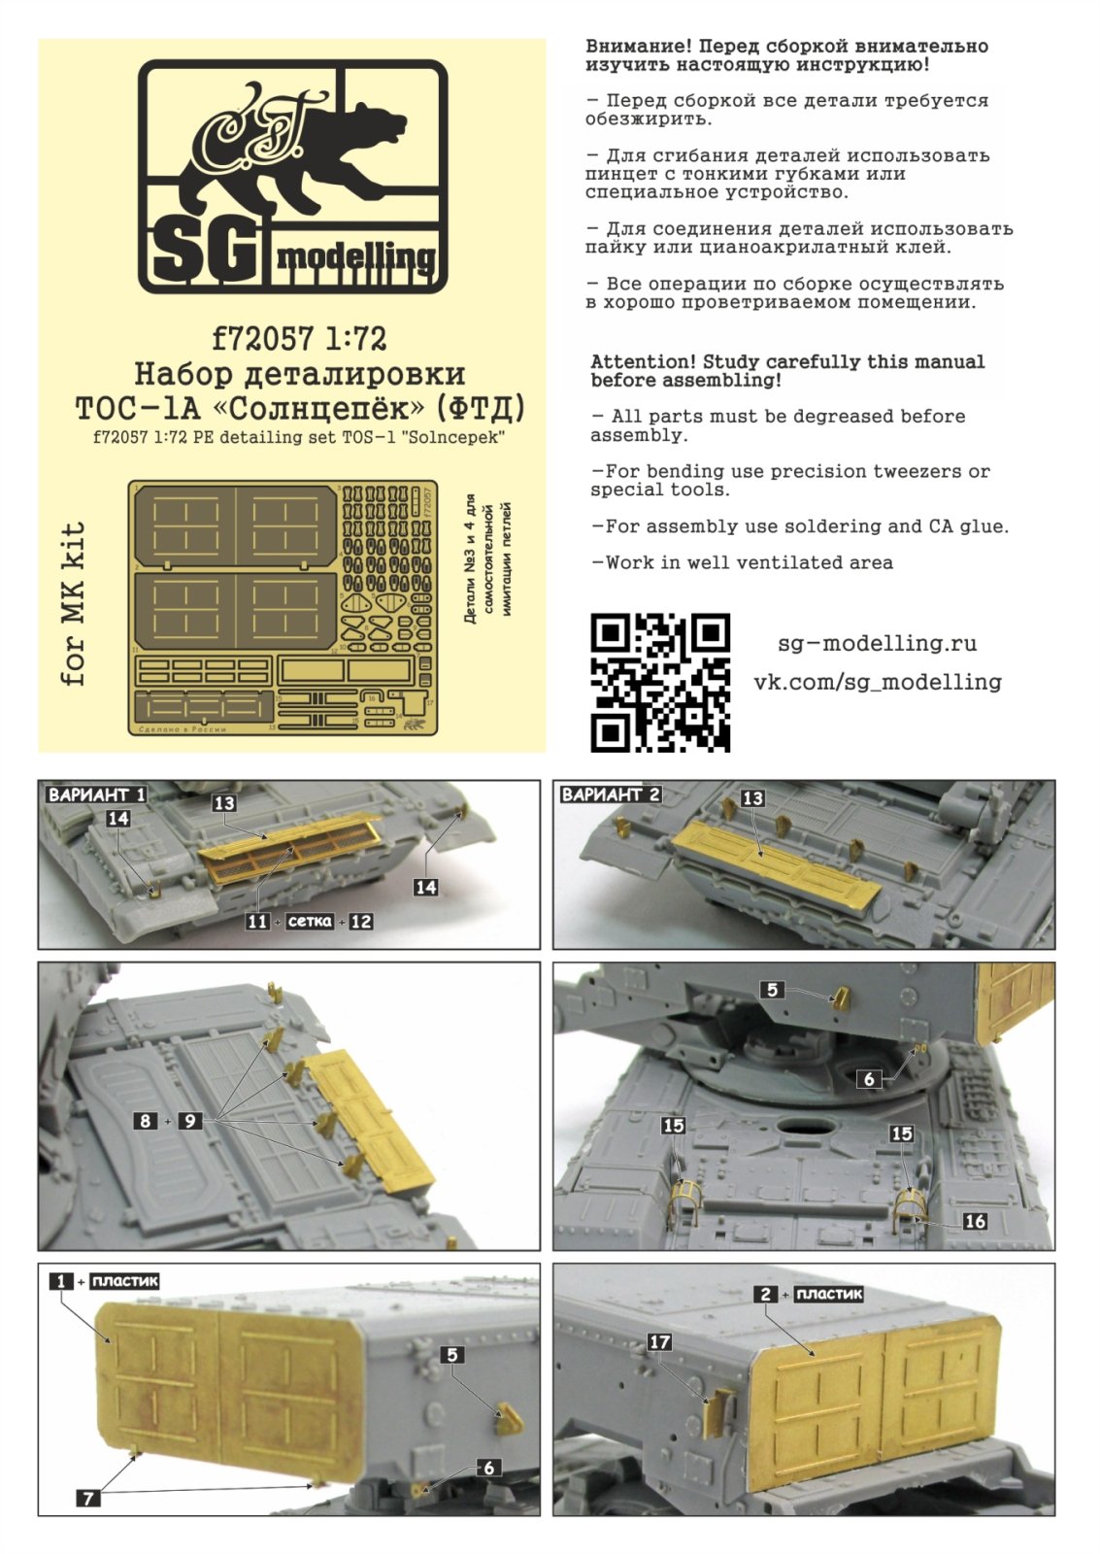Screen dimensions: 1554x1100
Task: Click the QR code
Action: coord(659,682)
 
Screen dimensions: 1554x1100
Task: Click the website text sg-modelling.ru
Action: coord(877,643)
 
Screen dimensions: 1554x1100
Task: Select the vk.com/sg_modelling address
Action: coord(877,682)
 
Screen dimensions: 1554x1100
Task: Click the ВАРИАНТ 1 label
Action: coord(96,794)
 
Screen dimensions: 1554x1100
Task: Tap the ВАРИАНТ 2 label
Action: coord(611,794)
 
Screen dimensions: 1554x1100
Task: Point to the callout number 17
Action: coord(659,1341)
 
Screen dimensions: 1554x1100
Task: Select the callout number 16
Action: coord(974,1221)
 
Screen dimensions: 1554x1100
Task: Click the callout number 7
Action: coord(87,1498)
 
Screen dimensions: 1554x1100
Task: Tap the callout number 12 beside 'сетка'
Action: coord(360,921)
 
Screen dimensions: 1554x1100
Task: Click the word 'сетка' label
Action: coord(309,921)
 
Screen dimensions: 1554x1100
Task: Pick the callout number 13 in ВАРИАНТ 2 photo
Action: coord(752,798)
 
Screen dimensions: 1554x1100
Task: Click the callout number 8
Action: coord(145,1120)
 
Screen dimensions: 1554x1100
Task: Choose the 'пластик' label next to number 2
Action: coord(828,1294)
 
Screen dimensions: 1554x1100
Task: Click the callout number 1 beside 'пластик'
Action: coord(61,1281)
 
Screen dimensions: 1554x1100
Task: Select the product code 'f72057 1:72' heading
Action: coord(299,338)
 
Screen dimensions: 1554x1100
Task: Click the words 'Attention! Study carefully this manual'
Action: coord(786,361)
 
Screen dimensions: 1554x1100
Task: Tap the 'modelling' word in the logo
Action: coord(355,256)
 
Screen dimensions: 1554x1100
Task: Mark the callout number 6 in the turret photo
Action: coord(869,1078)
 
